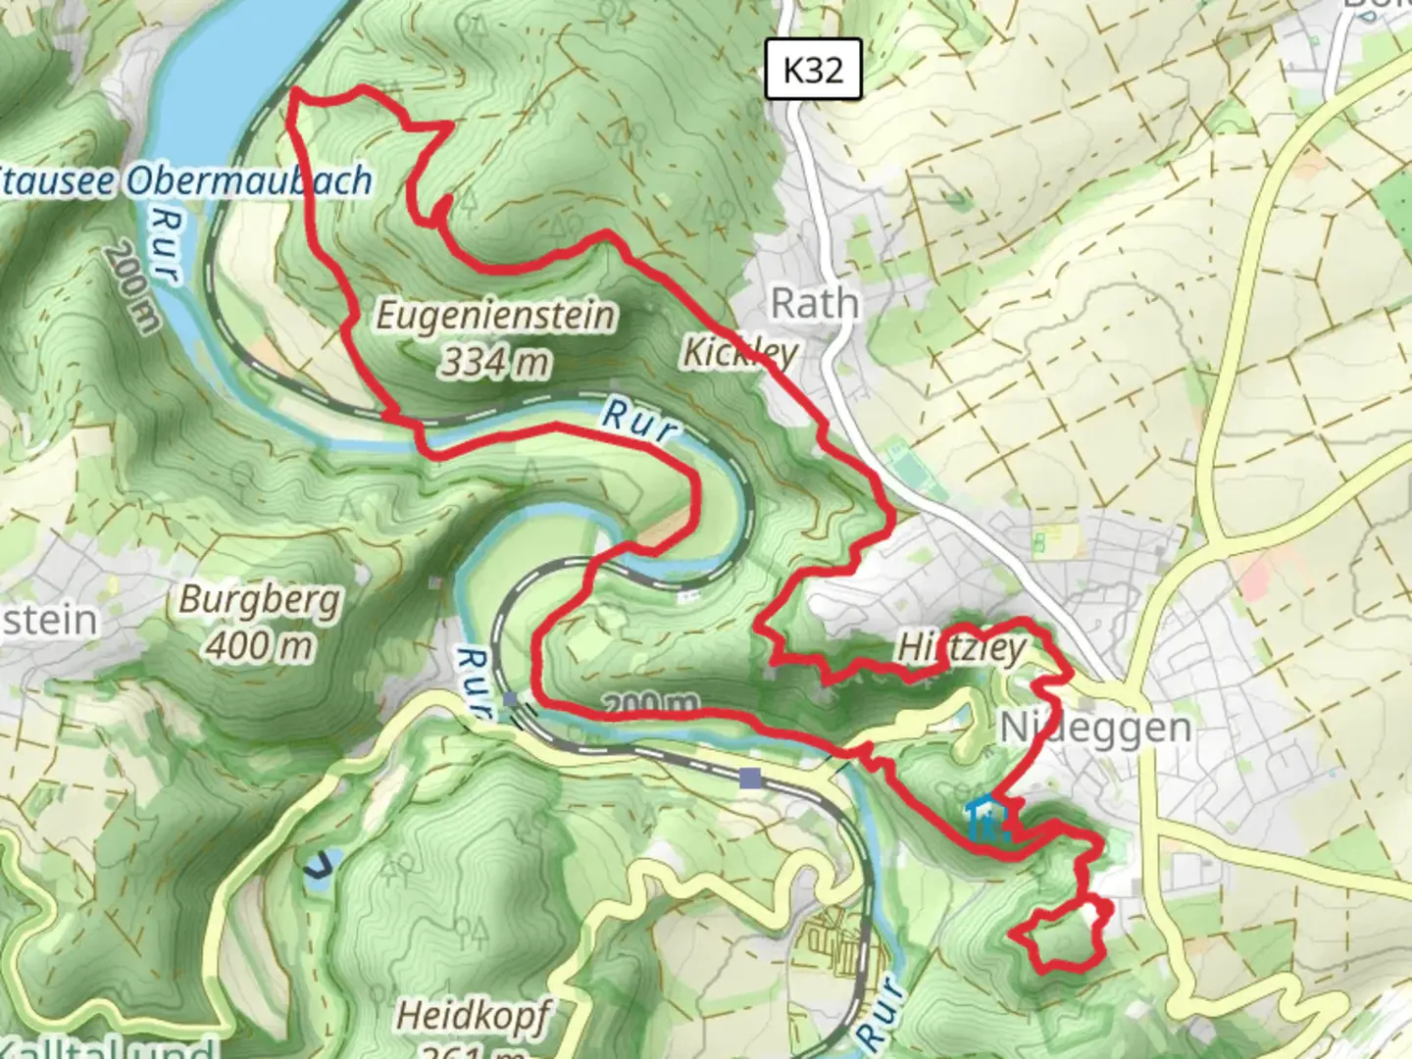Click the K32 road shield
pyautogui.click(x=813, y=70)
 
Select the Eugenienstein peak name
pyautogui.click(x=496, y=316)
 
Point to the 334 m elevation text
pyautogui.click(x=493, y=363)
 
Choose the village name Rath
pyautogui.click(x=814, y=303)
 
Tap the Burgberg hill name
pyautogui.click(x=259, y=600)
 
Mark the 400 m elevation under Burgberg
pyautogui.click(x=260, y=645)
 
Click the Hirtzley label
pyautogui.click(x=961, y=648)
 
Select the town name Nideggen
pyautogui.click(x=1095, y=728)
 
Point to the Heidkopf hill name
pyautogui.click(x=473, y=1014)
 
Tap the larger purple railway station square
pyautogui.click(x=750, y=779)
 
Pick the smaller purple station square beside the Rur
pyautogui.click(x=510, y=698)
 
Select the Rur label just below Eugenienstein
pyautogui.click(x=638, y=421)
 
